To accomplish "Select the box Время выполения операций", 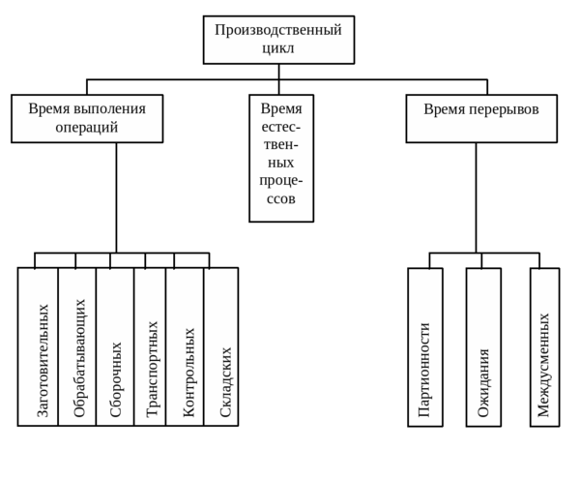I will pos(87,118).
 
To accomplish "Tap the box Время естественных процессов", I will pos(280,158).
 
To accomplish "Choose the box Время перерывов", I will pos(480,118).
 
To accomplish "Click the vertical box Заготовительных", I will pos(38,346).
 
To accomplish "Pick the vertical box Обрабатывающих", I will pos(77,346).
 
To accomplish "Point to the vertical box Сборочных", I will pos(115,346).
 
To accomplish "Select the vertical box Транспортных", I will pos(150,346).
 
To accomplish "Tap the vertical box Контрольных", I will pos(185,346).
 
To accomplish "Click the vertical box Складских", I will pos(221,346).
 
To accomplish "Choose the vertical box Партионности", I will pos(424,346).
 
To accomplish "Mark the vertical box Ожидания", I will pos(483,346).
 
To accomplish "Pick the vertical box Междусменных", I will pos(545,346).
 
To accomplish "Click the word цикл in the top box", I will pos(279,48).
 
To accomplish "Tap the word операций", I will pos(87,127).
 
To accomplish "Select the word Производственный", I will pos(279,30).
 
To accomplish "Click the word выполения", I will pos(104,108).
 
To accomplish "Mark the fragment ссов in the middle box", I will pos(280,199).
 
